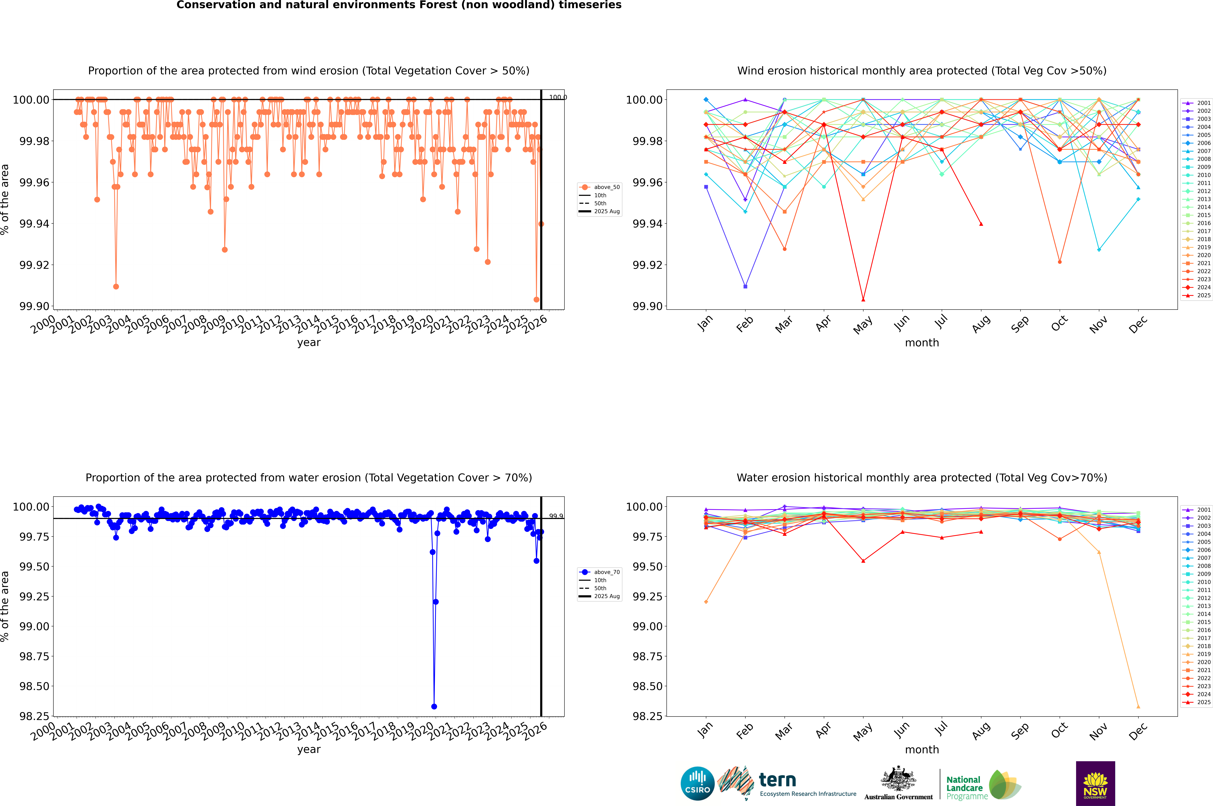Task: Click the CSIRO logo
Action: pos(697,783)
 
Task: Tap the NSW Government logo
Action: pos(1095,783)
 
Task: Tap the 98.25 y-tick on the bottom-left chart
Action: pos(34,716)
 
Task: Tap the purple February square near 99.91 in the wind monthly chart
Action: pos(745,286)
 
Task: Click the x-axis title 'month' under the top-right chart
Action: pos(921,343)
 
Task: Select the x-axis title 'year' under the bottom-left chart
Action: pos(309,749)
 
